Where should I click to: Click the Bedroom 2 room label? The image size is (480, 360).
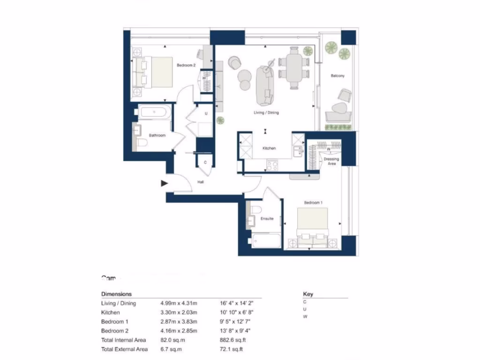[186, 65]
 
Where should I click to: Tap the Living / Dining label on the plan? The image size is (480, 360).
[266, 112]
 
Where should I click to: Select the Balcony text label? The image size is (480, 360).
[337, 75]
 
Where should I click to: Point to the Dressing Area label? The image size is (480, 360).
[331, 161]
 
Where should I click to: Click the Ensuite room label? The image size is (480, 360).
[267, 218]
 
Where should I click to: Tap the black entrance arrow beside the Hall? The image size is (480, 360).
[164, 183]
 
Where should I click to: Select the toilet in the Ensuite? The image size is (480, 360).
[257, 209]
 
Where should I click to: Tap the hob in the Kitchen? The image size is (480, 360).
[272, 165]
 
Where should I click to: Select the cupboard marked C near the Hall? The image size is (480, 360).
[205, 163]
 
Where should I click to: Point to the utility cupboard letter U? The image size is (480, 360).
[206, 113]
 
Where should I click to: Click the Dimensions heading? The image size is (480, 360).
[117, 294]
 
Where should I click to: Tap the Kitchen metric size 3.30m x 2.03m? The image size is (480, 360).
[179, 312]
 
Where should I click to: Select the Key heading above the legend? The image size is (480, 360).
[308, 294]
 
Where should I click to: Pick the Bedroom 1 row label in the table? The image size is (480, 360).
[114, 322]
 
